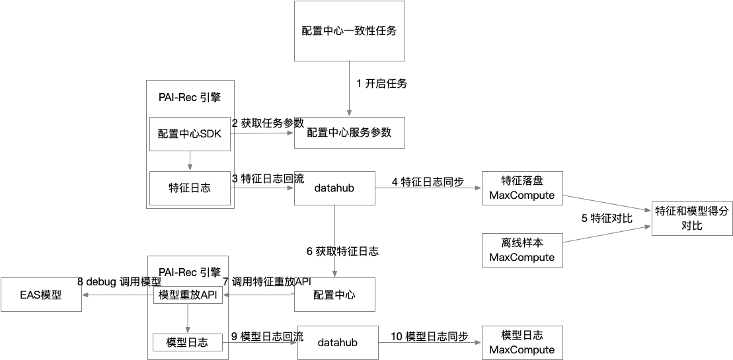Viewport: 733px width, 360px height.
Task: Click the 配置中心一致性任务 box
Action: pyautogui.click(x=349, y=31)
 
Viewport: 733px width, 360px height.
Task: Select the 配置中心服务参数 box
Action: pyautogui.click(x=349, y=132)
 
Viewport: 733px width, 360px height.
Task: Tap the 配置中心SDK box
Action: pyautogui.click(x=190, y=134)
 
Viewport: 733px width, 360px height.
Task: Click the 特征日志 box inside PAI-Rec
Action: pyautogui.click(x=190, y=188)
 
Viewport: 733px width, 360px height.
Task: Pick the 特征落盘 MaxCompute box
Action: pyautogui.click(x=522, y=188)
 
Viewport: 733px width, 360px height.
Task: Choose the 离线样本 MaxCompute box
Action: pyautogui.click(x=522, y=249)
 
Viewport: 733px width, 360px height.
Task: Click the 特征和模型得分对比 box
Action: pyautogui.click(x=692, y=219)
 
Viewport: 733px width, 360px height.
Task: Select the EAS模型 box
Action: pyautogui.click(x=41, y=295)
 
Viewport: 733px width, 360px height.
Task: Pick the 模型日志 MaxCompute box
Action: pyautogui.click(x=522, y=342)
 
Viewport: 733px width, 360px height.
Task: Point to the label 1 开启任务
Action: pyautogui.click(x=381, y=84)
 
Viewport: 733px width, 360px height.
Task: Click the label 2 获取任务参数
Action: pyautogui.click(x=267, y=123)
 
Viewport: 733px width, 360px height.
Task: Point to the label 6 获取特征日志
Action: pyautogui.click(x=342, y=251)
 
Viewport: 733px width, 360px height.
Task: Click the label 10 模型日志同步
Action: pyautogui.click(x=429, y=337)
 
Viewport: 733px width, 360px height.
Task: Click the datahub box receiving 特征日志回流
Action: pyautogui.click(x=334, y=188)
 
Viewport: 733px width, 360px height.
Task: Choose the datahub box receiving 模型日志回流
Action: pyautogui.click(x=337, y=343)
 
